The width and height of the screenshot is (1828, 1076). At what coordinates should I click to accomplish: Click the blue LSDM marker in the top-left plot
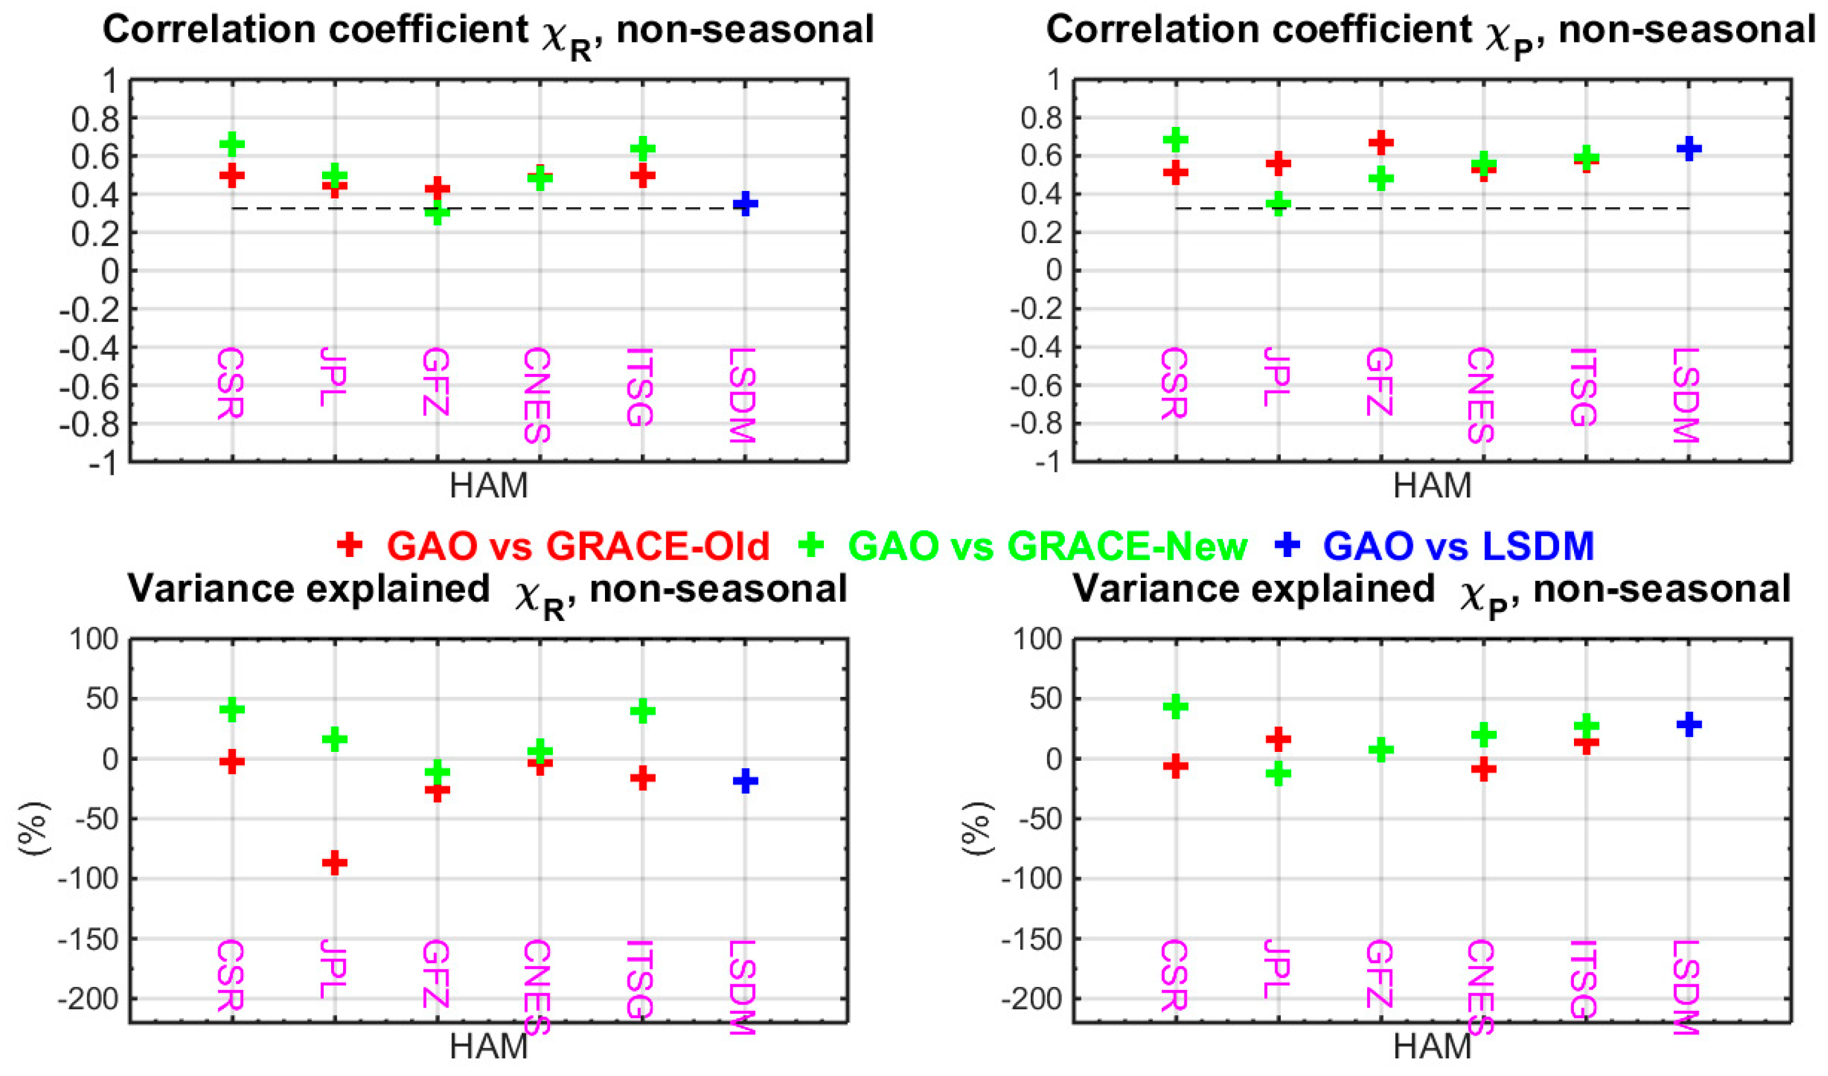745,204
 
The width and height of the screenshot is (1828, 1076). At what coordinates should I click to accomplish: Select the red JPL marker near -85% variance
335,862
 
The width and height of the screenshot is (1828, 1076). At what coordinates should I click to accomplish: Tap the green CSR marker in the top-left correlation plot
232,143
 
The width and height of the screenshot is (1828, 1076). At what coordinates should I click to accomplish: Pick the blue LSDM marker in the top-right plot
1690,148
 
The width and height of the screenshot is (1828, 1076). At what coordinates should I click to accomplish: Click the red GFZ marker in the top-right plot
1381,142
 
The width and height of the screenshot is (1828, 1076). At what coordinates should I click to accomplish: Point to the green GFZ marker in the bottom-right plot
1381,749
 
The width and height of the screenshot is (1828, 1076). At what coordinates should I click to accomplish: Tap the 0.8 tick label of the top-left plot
94,119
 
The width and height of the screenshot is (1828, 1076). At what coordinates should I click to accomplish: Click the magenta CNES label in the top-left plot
537,395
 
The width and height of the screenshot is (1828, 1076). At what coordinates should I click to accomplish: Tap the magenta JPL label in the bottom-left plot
333,969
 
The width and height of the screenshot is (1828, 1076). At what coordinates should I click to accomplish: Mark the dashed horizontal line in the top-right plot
1433,209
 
